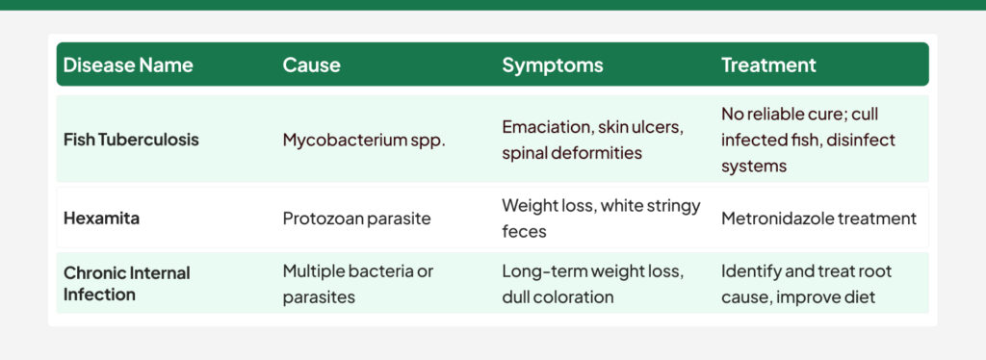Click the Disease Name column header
[x=128, y=65]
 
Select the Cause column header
[x=311, y=65]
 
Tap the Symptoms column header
[x=552, y=65]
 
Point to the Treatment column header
[x=768, y=65]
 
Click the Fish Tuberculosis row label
[x=131, y=140]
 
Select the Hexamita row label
[x=101, y=219]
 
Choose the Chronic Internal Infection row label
[x=126, y=284]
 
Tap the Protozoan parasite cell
[x=356, y=219]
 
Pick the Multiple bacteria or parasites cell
[x=358, y=284]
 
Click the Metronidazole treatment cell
[x=818, y=219]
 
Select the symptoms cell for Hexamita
[x=601, y=219]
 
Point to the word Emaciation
[x=545, y=127]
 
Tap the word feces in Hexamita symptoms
[x=525, y=232]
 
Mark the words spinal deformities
[x=572, y=153]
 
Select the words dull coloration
[x=558, y=297]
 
